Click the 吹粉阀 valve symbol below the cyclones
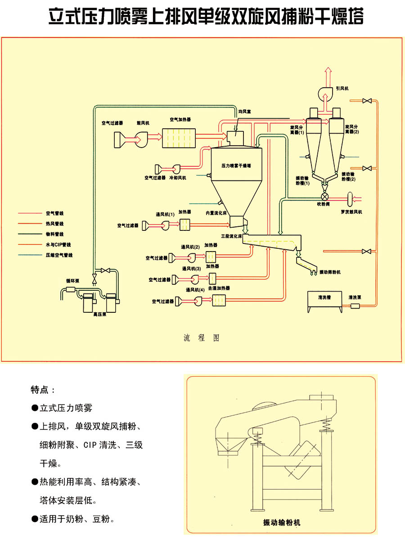point(325,197)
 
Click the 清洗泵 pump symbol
point(355,306)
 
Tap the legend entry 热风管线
point(54,224)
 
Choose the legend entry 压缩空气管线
point(59,255)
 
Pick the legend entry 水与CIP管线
point(58,245)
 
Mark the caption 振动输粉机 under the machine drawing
point(281,522)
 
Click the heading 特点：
point(43,389)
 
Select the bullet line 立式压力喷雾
point(66,408)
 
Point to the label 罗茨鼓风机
point(351,211)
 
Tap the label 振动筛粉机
point(330,272)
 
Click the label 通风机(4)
point(195,290)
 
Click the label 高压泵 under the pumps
point(99,315)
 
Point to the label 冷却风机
point(177,178)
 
